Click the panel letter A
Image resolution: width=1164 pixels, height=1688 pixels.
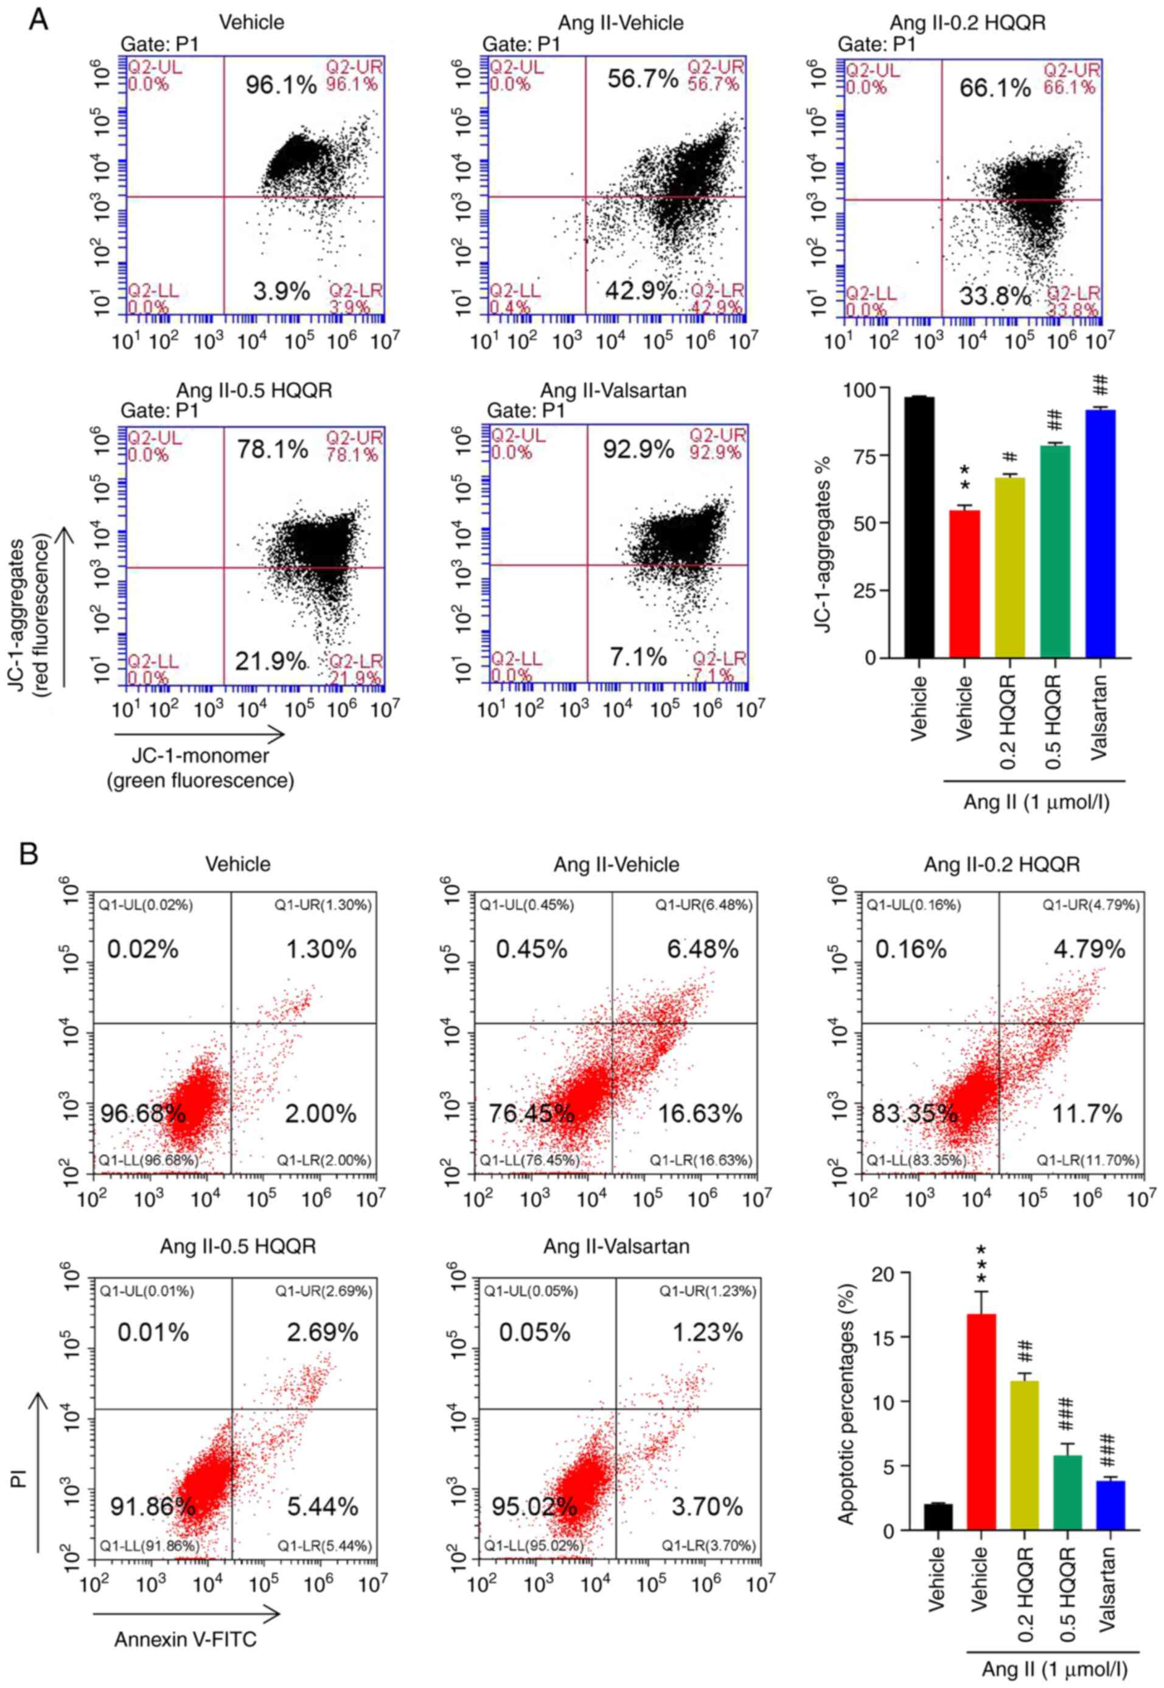[37, 19]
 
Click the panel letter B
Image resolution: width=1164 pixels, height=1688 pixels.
[29, 854]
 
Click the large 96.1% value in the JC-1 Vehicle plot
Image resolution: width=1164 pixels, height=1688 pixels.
[280, 85]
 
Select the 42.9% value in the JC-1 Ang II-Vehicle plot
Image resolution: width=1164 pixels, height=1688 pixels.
[640, 290]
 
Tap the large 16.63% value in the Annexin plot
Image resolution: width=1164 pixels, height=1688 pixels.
[700, 1114]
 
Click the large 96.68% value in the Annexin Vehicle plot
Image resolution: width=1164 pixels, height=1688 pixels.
[143, 1114]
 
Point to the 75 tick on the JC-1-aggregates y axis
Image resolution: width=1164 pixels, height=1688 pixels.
[868, 456]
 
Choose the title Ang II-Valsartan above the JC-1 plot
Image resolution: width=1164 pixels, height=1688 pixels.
[613, 390]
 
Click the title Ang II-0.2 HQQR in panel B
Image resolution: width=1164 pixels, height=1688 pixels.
[1002, 864]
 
